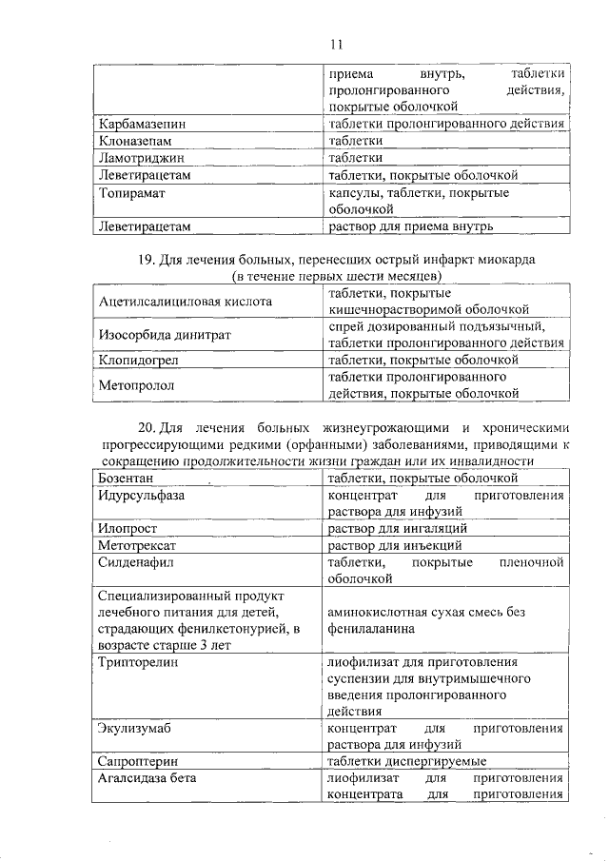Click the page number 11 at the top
click(x=335, y=44)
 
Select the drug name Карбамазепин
click(x=143, y=124)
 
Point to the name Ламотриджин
click(x=142, y=158)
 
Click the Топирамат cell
click(x=132, y=193)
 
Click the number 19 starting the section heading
click(x=147, y=259)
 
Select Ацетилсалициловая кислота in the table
click(x=186, y=301)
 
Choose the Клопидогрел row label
click(x=139, y=361)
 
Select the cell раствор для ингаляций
click(x=397, y=528)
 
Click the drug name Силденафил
click(x=137, y=563)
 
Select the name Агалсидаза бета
click(x=147, y=778)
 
